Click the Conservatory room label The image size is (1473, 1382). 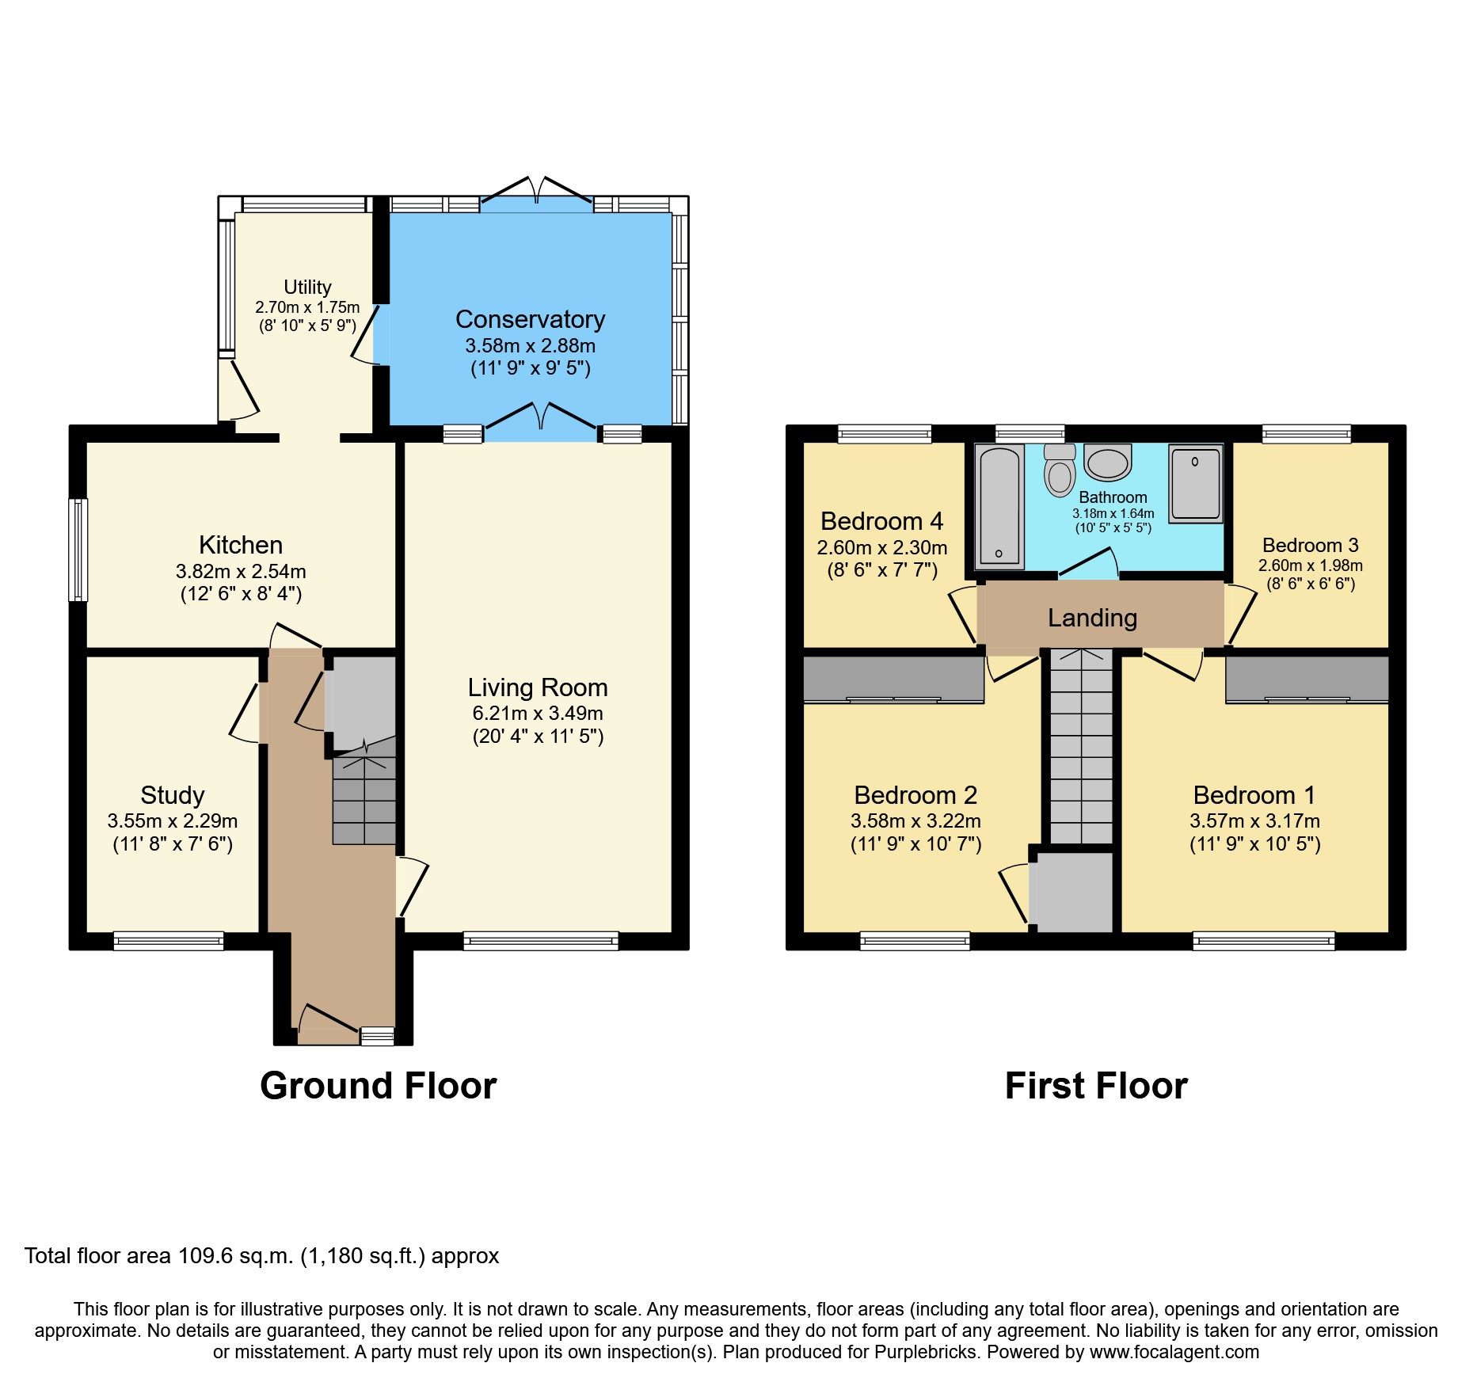(x=530, y=319)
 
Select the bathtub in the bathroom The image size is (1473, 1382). (x=999, y=507)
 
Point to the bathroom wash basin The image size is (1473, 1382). (x=1108, y=463)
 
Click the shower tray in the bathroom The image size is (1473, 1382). (x=1196, y=483)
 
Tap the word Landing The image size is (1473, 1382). (x=1092, y=618)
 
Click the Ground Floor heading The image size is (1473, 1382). (x=379, y=1086)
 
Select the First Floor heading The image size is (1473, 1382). (x=1096, y=1086)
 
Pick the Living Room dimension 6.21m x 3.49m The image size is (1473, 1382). (x=538, y=713)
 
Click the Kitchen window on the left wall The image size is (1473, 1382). (x=78, y=550)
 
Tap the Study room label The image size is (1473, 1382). (x=173, y=795)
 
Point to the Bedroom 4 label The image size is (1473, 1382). (x=882, y=521)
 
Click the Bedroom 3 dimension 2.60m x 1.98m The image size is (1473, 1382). (x=1311, y=565)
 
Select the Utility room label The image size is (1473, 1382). (x=307, y=287)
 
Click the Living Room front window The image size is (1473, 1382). (x=541, y=941)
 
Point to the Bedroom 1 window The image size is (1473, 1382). (x=1264, y=941)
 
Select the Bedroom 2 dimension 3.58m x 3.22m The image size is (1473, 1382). (x=915, y=821)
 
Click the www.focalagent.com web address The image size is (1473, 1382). (x=1174, y=1352)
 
